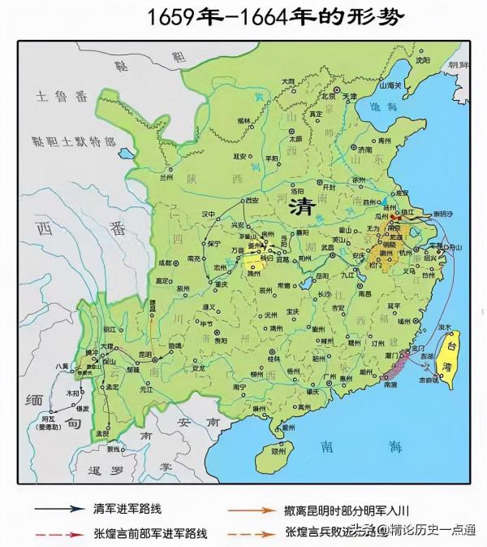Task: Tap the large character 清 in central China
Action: click(302, 206)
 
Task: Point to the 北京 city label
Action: click(326, 95)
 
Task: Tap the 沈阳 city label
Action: click(444, 59)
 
